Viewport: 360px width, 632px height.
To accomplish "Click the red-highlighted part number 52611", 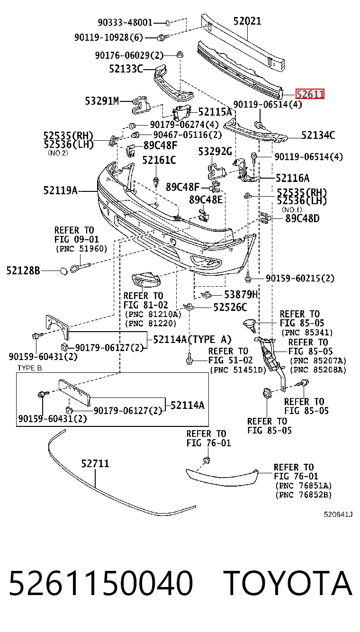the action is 310,94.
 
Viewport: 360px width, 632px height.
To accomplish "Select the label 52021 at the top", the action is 247,21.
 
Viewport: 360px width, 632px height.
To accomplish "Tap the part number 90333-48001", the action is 125,22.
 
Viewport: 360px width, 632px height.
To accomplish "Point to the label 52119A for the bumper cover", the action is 60,190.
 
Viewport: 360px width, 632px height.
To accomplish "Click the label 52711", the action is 95,463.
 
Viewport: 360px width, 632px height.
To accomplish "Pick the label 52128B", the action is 23,271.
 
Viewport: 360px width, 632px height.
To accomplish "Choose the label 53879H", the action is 241,295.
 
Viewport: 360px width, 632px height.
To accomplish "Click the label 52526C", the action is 230,307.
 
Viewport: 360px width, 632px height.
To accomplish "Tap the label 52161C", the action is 159,160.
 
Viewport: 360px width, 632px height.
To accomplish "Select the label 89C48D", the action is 302,218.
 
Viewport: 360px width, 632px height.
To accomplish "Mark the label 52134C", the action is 318,135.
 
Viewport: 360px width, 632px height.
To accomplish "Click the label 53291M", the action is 102,101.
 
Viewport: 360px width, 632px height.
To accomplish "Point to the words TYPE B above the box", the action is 29,368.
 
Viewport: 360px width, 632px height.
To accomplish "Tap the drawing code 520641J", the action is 338,515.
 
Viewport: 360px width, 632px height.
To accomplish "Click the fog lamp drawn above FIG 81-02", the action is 146,280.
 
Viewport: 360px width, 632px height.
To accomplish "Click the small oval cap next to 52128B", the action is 63,271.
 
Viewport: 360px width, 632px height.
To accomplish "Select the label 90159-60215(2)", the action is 300,279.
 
